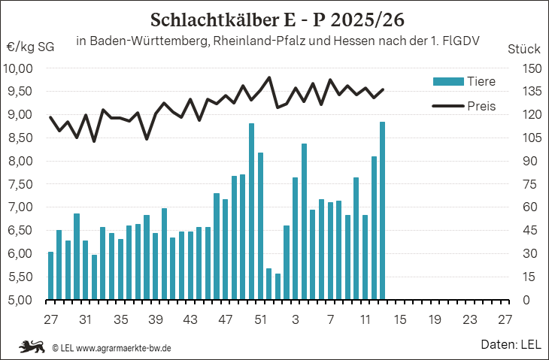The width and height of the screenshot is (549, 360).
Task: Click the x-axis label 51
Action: pyautogui.click(x=260, y=319)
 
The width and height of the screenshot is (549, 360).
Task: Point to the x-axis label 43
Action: pyautogui.click(x=190, y=319)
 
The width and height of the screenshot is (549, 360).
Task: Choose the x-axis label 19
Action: pyautogui.click(x=434, y=319)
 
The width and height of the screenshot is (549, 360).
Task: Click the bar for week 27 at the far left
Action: pyautogui.click(x=50, y=276)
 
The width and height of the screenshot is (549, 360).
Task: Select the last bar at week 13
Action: pyautogui.click(x=382, y=210)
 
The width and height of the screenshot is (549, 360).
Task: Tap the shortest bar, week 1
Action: pyautogui.click(x=278, y=286)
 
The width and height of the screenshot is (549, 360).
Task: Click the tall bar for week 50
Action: pyautogui.click(x=251, y=211)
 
